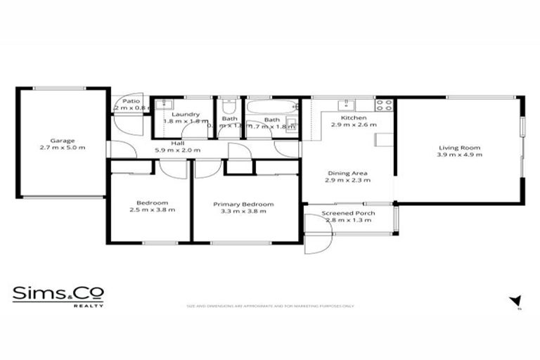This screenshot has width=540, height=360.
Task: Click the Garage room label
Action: (63, 140)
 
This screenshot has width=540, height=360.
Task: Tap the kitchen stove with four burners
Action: (384, 105)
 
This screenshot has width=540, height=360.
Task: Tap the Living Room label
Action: (459, 147)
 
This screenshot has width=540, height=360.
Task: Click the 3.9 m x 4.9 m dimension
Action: (459, 155)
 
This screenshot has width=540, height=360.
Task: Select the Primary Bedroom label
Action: (243, 204)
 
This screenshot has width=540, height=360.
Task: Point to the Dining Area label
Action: (347, 173)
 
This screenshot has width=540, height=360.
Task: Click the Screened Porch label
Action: (348, 213)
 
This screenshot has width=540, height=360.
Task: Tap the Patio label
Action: (131, 101)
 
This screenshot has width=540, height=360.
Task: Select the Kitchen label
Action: (350, 117)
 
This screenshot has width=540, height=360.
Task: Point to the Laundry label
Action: (186, 114)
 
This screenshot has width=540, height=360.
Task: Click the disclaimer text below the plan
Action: (270, 306)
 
